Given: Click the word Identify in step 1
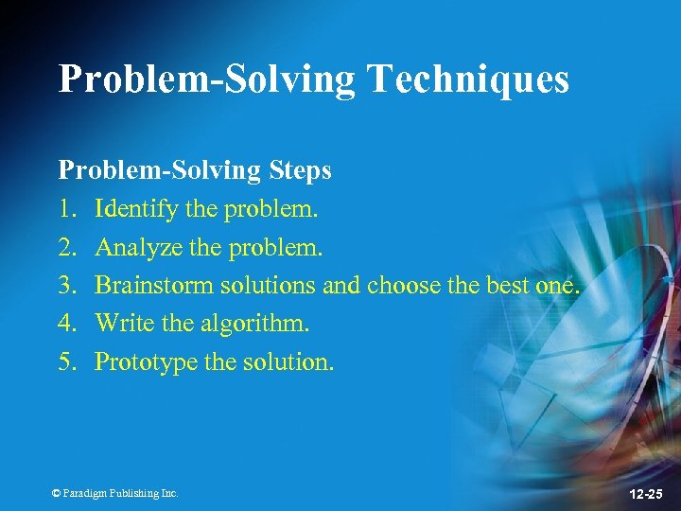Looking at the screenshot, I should [136, 208].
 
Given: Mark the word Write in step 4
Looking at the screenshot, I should [124, 323].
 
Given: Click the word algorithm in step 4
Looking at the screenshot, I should [253, 324].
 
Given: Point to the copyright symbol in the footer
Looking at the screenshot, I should [56, 493].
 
